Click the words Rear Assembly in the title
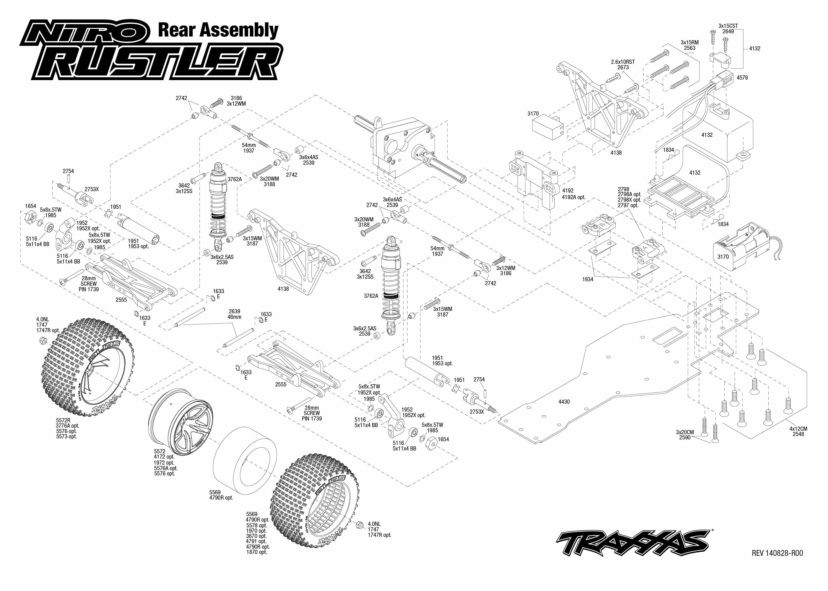[x=218, y=30]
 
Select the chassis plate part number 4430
[x=564, y=402]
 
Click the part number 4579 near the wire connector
[x=742, y=77]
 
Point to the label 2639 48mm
[x=234, y=314]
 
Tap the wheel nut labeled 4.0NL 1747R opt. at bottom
[x=359, y=526]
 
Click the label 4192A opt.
[x=574, y=197]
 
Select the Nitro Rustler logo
[x=151, y=51]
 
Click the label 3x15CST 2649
[x=728, y=29]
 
